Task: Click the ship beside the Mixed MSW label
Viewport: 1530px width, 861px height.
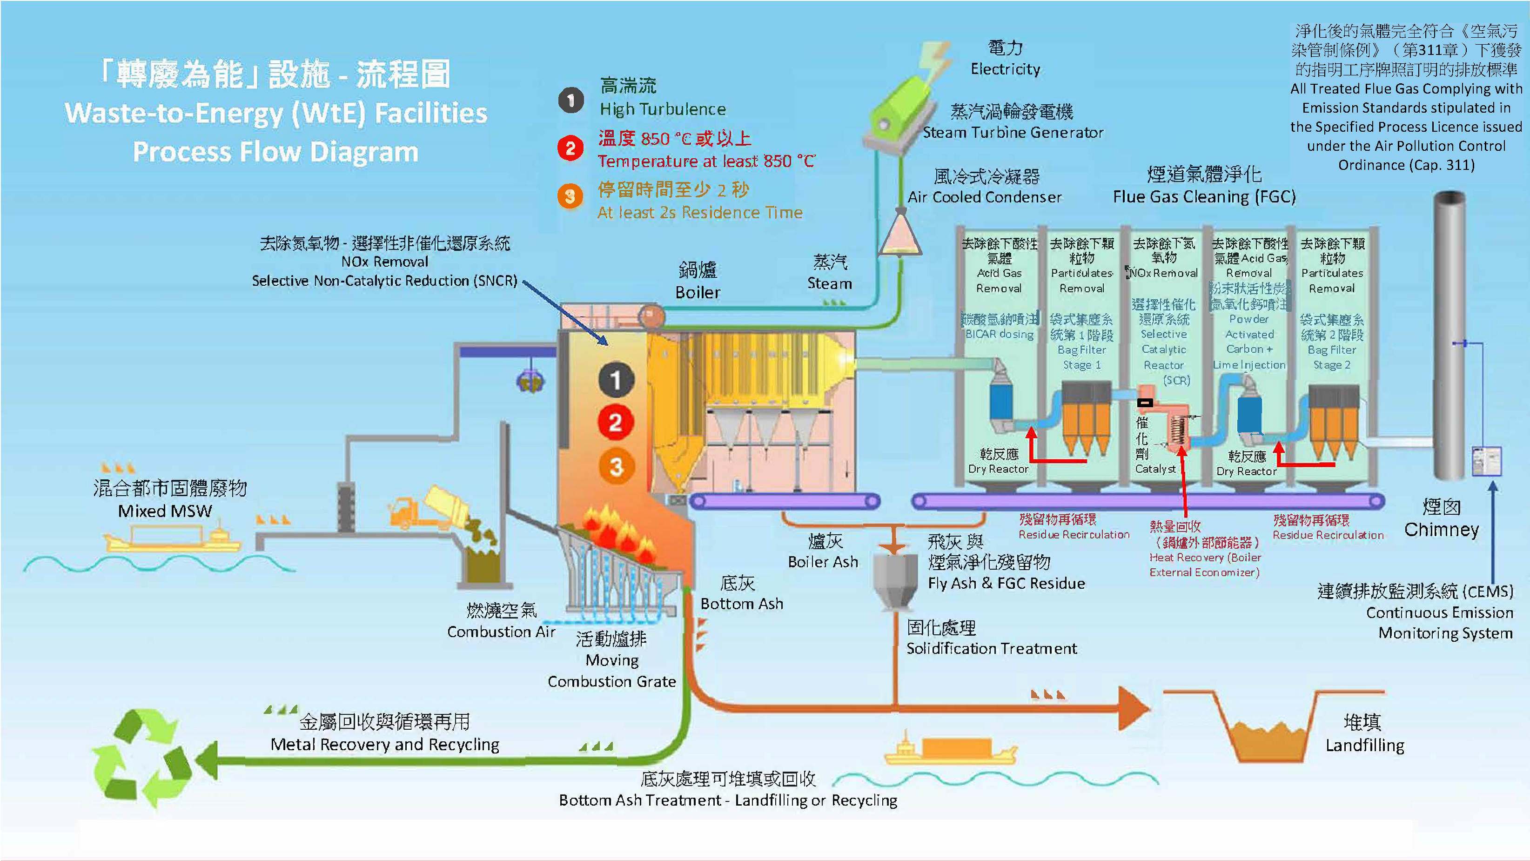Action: [172, 537]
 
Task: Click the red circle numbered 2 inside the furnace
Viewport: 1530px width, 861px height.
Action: [615, 423]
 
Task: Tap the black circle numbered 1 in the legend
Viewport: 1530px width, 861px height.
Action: [571, 100]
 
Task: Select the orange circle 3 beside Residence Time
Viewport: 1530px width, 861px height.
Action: [570, 196]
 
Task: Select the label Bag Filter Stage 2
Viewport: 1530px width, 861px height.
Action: [1332, 357]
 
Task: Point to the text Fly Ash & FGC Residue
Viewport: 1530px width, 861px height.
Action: [1006, 584]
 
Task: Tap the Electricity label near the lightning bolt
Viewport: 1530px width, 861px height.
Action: [1005, 69]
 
